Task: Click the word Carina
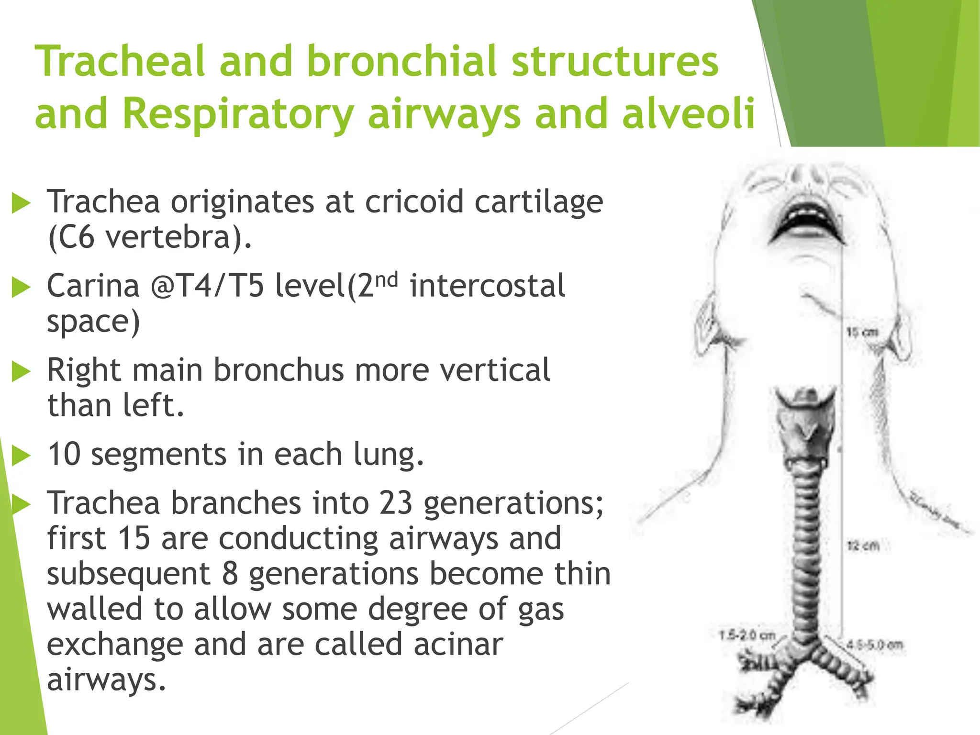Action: click(x=93, y=286)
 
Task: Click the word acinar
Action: click(x=458, y=644)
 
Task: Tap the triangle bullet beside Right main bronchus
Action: click(x=21, y=372)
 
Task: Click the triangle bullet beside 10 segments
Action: click(x=21, y=456)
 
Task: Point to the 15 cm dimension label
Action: click(x=862, y=332)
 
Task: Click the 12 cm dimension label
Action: click(x=863, y=546)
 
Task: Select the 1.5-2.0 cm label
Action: click(x=747, y=635)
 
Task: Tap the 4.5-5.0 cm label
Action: click(x=874, y=645)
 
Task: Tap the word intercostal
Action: click(x=487, y=286)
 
